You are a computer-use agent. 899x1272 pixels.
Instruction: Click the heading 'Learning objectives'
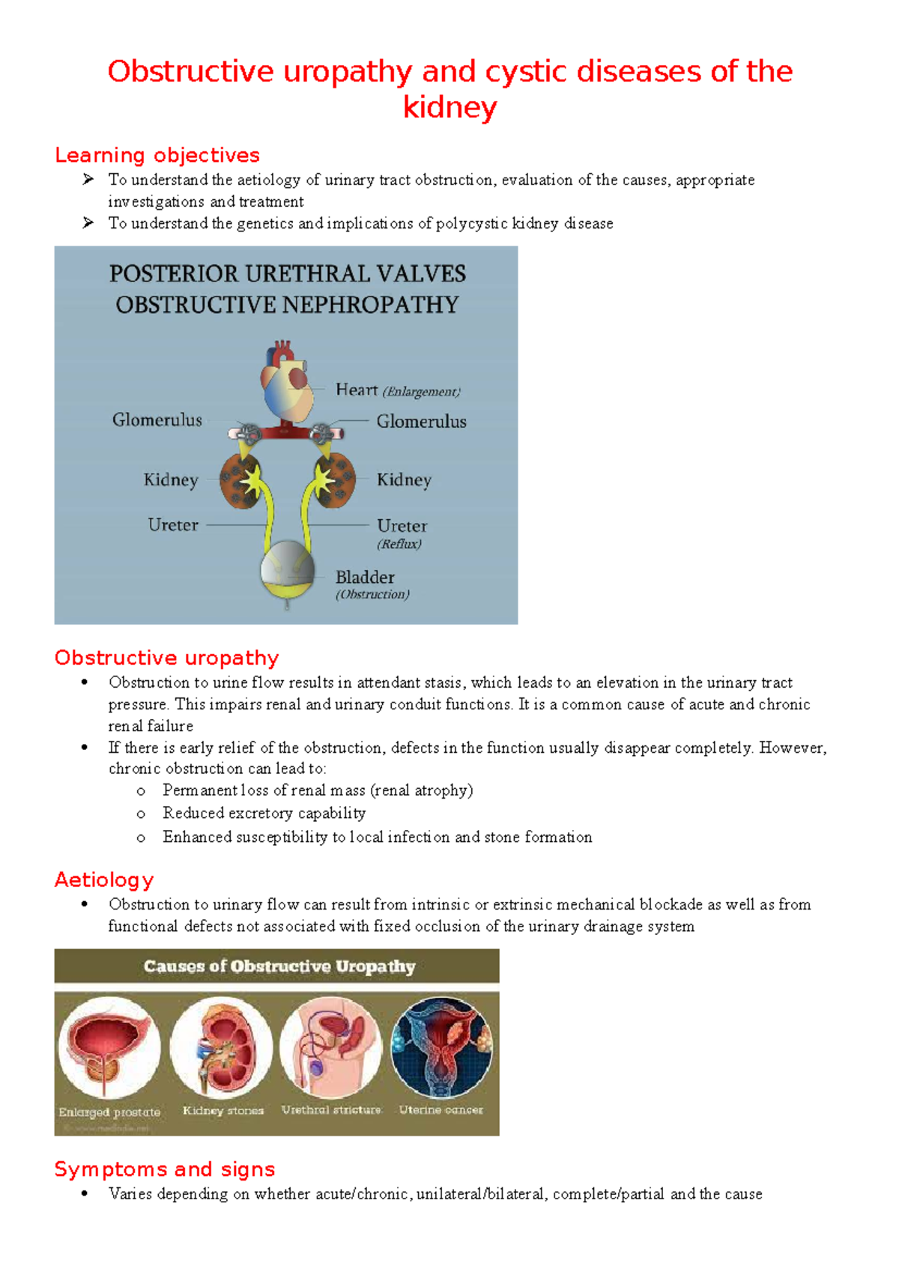(x=157, y=155)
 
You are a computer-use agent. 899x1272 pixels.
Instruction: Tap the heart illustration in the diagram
(x=287, y=384)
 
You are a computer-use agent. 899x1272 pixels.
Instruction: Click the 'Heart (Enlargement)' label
(x=397, y=390)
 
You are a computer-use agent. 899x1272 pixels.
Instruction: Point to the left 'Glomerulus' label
(x=157, y=420)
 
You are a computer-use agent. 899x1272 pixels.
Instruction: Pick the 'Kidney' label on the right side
(x=404, y=479)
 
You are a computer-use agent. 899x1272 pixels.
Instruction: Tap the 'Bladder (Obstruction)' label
(x=372, y=584)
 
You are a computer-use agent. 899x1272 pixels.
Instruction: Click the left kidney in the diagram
(x=241, y=479)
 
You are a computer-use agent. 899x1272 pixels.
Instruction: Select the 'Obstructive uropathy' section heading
(x=166, y=658)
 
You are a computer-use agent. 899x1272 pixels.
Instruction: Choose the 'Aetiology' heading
(x=104, y=879)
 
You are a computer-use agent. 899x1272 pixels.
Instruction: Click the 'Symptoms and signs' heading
(x=165, y=1169)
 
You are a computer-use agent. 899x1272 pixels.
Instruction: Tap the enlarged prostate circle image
(x=109, y=1047)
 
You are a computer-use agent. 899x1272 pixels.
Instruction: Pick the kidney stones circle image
(x=222, y=1047)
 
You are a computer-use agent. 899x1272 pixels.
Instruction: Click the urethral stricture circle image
(x=331, y=1047)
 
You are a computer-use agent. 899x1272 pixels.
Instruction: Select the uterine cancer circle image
(x=442, y=1047)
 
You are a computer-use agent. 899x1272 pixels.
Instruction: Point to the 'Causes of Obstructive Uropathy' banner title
(x=279, y=966)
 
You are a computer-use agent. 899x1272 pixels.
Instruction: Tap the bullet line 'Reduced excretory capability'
(x=264, y=814)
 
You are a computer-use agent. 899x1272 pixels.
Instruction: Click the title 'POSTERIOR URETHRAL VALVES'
(x=288, y=273)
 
